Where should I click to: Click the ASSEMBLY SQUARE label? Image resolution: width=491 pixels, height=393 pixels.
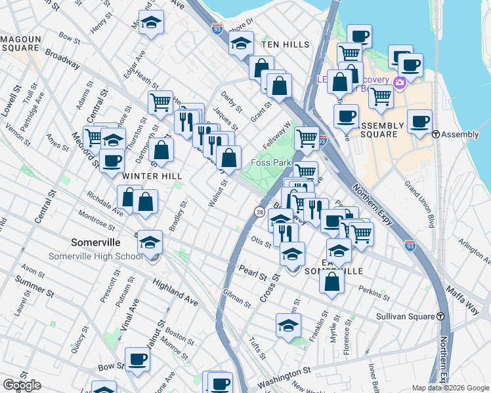[379, 130]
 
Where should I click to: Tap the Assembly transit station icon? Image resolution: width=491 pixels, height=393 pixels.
[436, 134]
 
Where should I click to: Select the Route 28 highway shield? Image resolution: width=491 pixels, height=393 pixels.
[260, 212]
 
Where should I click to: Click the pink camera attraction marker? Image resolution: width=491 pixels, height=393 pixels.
[400, 82]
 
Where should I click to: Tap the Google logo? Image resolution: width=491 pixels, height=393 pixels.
[21, 385]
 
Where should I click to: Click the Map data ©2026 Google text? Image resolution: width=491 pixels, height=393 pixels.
[450, 388]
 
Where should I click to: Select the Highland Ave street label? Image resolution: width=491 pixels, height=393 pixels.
[175, 291]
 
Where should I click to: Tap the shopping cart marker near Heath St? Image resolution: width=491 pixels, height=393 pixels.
[160, 102]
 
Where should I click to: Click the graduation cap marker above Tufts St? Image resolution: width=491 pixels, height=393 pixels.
[288, 325]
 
